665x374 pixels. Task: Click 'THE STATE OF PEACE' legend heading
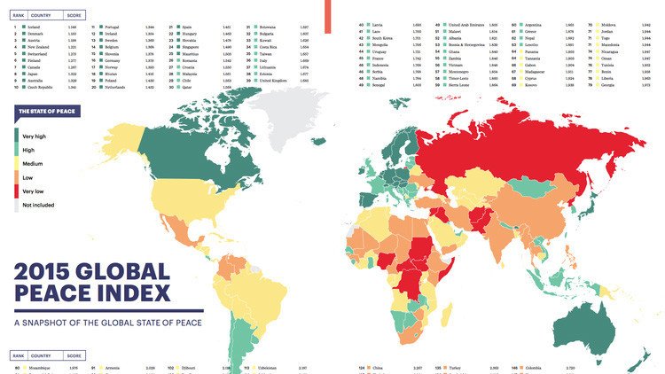52,111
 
